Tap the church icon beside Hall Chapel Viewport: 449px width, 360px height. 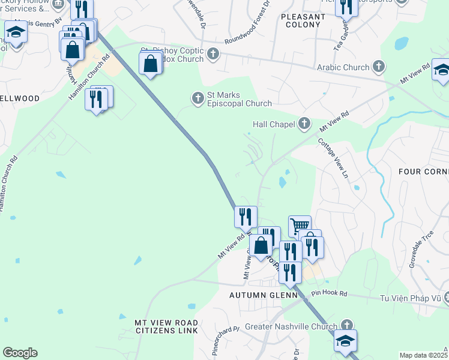(x=304, y=124)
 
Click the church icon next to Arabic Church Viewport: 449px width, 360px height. (x=379, y=66)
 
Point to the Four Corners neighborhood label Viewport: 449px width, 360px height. (x=423, y=171)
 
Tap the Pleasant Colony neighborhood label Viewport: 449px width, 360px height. (x=303, y=21)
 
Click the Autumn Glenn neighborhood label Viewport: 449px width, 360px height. (x=264, y=296)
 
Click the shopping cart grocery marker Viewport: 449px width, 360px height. (x=300, y=226)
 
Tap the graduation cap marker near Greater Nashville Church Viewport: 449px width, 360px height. (x=346, y=340)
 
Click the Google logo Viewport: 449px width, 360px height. (x=20, y=353)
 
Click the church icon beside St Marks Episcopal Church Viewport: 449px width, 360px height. (x=197, y=97)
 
